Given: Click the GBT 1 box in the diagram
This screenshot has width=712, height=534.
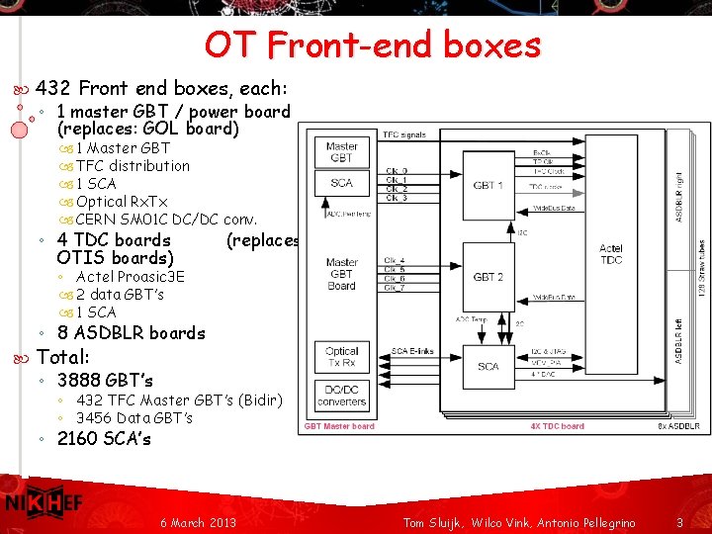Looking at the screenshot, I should tap(489, 185).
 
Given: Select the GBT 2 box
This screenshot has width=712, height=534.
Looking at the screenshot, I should tap(489, 277).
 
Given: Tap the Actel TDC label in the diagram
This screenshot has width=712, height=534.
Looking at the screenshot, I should tap(611, 254).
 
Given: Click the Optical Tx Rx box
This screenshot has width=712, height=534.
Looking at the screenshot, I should tap(341, 357).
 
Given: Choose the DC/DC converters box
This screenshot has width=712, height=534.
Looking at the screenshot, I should tap(341, 395).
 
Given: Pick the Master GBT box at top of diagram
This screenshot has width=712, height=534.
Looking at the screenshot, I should tap(341, 152).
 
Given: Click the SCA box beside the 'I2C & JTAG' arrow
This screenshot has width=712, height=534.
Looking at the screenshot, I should tap(488, 367).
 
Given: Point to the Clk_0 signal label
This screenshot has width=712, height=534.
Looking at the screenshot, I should tap(396, 171).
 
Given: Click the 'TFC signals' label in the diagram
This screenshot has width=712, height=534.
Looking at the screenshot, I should tap(404, 134).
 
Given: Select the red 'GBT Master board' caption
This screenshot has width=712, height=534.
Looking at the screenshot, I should tap(339, 426).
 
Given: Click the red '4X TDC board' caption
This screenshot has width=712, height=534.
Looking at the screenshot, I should tap(558, 426).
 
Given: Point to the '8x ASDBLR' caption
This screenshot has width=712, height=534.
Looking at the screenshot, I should tap(678, 426).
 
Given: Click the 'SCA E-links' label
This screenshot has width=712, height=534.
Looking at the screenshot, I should tap(412, 351).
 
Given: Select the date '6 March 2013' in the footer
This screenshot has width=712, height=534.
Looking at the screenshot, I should tap(198, 521).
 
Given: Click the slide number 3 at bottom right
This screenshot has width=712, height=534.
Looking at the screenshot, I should tap(679, 521).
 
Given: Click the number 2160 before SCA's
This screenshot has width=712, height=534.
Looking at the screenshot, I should tap(78, 438).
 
